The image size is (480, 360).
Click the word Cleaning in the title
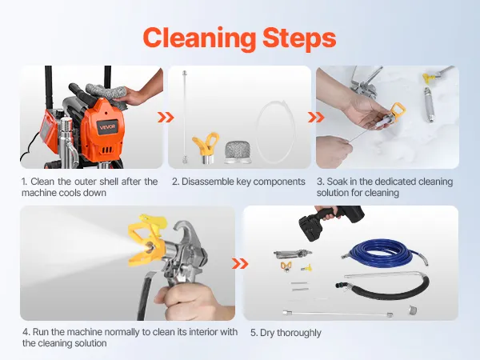[199, 39]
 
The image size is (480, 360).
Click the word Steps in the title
[299, 39]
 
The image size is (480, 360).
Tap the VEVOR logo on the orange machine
[107, 126]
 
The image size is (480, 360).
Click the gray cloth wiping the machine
[107, 94]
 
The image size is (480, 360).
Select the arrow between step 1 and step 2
[166, 118]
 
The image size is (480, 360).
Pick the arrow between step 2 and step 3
[316, 118]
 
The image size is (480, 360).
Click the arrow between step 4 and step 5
[240, 263]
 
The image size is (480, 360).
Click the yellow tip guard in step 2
[206, 147]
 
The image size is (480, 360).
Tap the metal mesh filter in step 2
[238, 152]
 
